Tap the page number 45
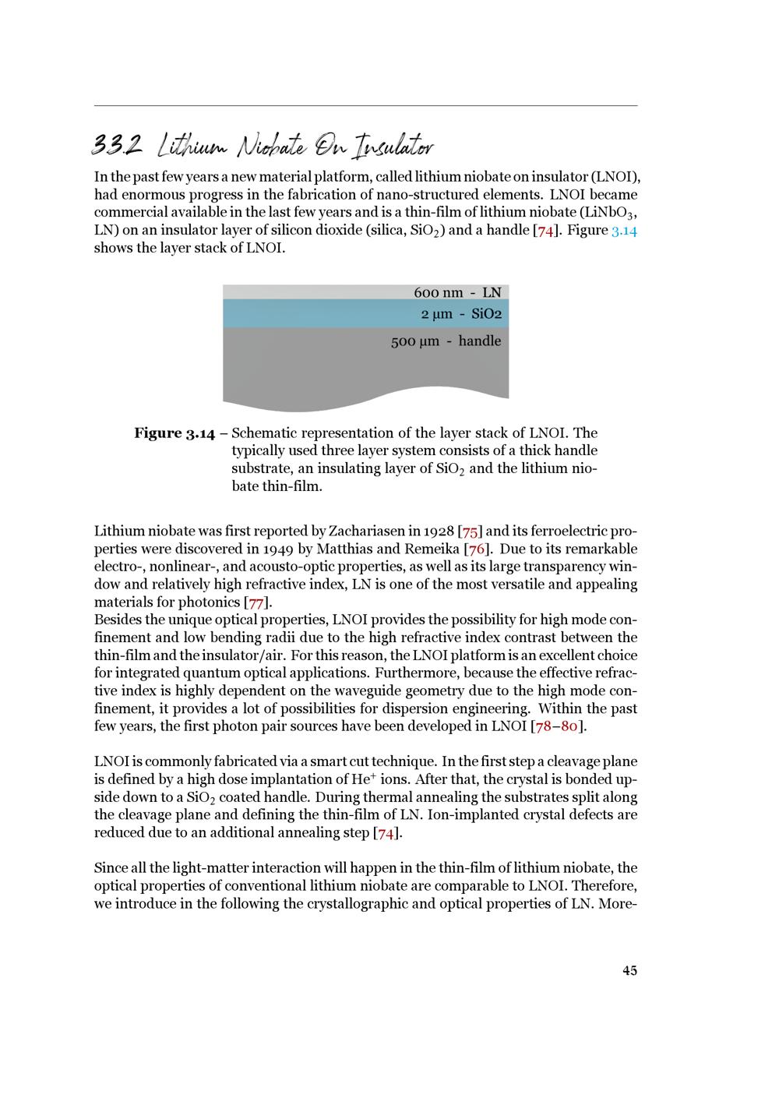tap(629, 970)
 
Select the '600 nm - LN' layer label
tap(457, 293)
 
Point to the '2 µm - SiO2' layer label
tap(461, 314)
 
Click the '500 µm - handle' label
tap(446, 341)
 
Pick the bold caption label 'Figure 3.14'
tap(174, 433)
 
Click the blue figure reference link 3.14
tap(624, 231)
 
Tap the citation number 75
tap(470, 532)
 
